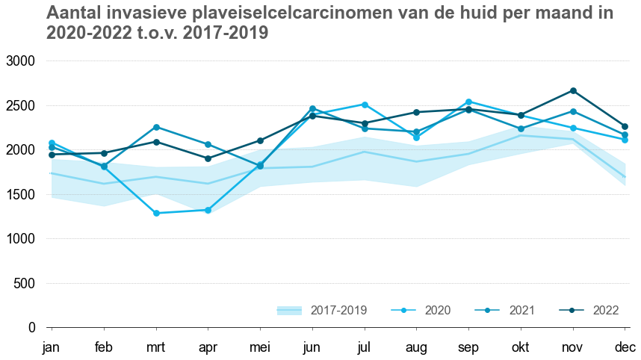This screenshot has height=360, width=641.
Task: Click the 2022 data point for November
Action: click(x=573, y=91)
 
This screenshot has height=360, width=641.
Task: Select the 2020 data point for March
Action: click(x=156, y=214)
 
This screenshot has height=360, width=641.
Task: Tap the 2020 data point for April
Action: click(x=208, y=211)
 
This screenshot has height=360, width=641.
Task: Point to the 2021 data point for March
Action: click(x=156, y=127)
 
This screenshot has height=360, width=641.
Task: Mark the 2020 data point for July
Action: click(x=365, y=105)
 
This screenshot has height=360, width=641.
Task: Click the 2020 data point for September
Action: click(x=468, y=102)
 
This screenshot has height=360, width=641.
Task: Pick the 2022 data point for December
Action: click(x=625, y=127)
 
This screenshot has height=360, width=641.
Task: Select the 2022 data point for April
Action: click(x=208, y=158)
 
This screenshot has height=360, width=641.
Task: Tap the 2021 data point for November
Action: click(x=573, y=111)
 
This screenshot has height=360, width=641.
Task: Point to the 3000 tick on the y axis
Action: click(x=20, y=60)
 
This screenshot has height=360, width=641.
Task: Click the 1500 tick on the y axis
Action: click(x=20, y=194)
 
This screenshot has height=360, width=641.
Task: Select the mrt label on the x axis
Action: click(x=156, y=347)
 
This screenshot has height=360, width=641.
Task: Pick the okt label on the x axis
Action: click(x=521, y=347)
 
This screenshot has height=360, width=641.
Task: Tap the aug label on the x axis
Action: click(x=417, y=348)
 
